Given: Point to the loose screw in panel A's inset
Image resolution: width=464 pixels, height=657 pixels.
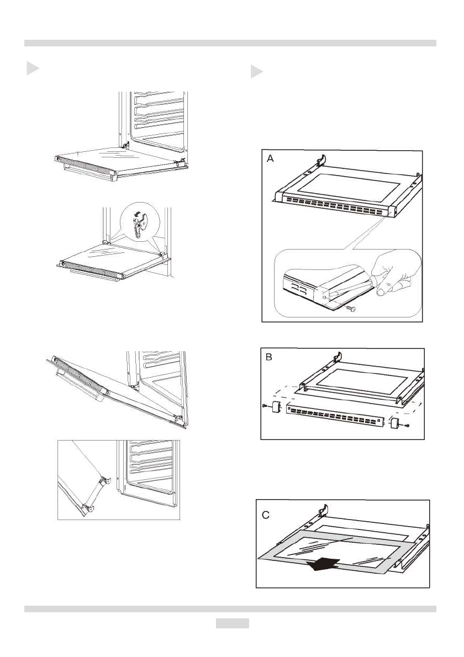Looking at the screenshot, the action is pos(350,309).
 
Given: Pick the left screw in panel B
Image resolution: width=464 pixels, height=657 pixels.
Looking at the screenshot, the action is pos(265,407).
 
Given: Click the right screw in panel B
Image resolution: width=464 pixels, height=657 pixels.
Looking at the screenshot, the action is pos(407,426).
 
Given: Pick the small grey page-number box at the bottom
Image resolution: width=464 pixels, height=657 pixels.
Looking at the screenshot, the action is pos(232,623).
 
